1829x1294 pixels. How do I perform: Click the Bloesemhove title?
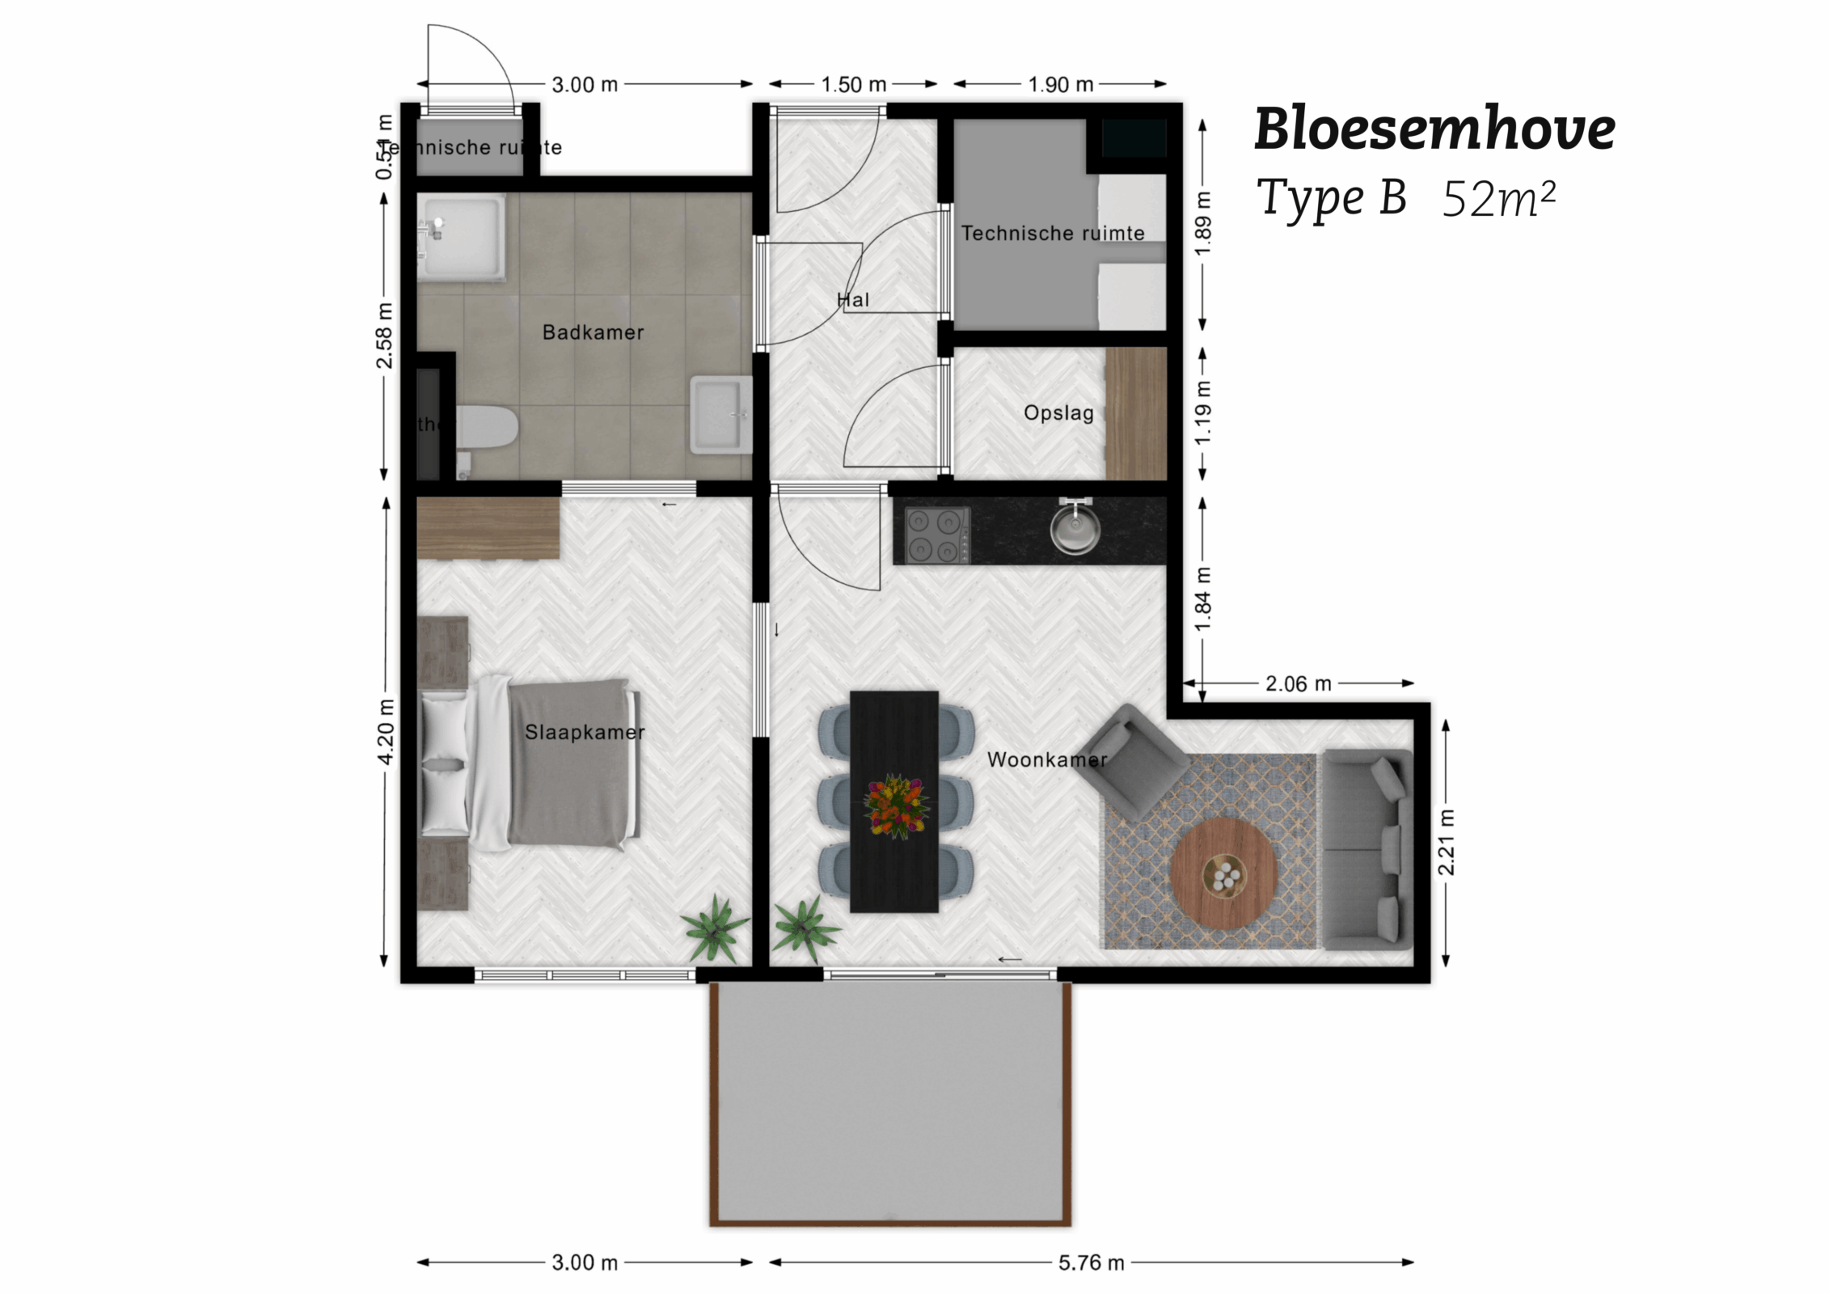coord(1434,129)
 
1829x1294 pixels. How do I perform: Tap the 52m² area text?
coord(1498,199)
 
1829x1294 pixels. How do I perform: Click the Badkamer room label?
coord(593,332)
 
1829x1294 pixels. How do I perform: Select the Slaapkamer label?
coord(585,732)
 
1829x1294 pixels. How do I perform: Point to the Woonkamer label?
coord(1046,759)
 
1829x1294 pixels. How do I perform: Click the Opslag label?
coord(1058,412)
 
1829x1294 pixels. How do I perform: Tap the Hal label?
coord(852,300)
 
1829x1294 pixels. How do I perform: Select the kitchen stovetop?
coord(937,535)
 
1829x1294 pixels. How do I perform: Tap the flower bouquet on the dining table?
coord(895,806)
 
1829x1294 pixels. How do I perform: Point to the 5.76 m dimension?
coord(1091,1262)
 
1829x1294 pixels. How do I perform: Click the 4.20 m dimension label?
coord(386,731)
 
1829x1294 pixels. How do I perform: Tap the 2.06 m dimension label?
coord(1298,684)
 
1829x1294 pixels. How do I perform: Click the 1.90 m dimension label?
coord(1060,84)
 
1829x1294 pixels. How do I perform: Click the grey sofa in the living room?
coord(1367,849)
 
